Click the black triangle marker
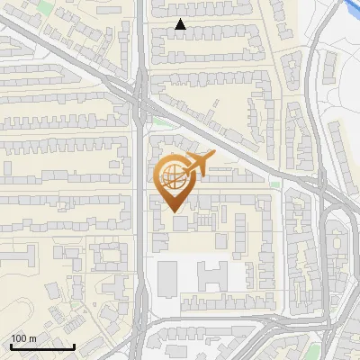click(x=180, y=25)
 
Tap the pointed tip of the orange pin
click(x=174, y=210)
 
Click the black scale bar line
click(x=42, y=346)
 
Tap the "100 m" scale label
click(x=23, y=338)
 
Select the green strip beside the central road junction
click(x=160, y=121)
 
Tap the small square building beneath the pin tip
click(x=180, y=222)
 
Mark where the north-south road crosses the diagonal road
click(x=140, y=99)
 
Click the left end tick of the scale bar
click(x=11, y=345)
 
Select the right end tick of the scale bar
click(x=74, y=345)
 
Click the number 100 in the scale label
click(x=19, y=338)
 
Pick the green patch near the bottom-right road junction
click(x=316, y=341)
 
